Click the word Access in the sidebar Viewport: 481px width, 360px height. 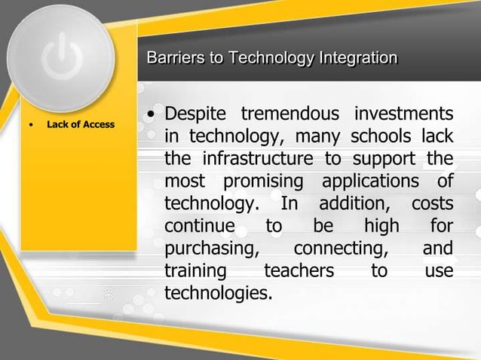pyautogui.click(x=100, y=124)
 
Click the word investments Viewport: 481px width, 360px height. pyautogui.click(x=403, y=117)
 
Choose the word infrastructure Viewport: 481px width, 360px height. pyautogui.click(x=259, y=160)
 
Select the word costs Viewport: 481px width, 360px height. pyautogui.click(x=432, y=205)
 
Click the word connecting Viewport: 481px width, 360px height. pyautogui.click(x=340, y=249)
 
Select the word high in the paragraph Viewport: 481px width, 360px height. pyautogui.click(x=381, y=227)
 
